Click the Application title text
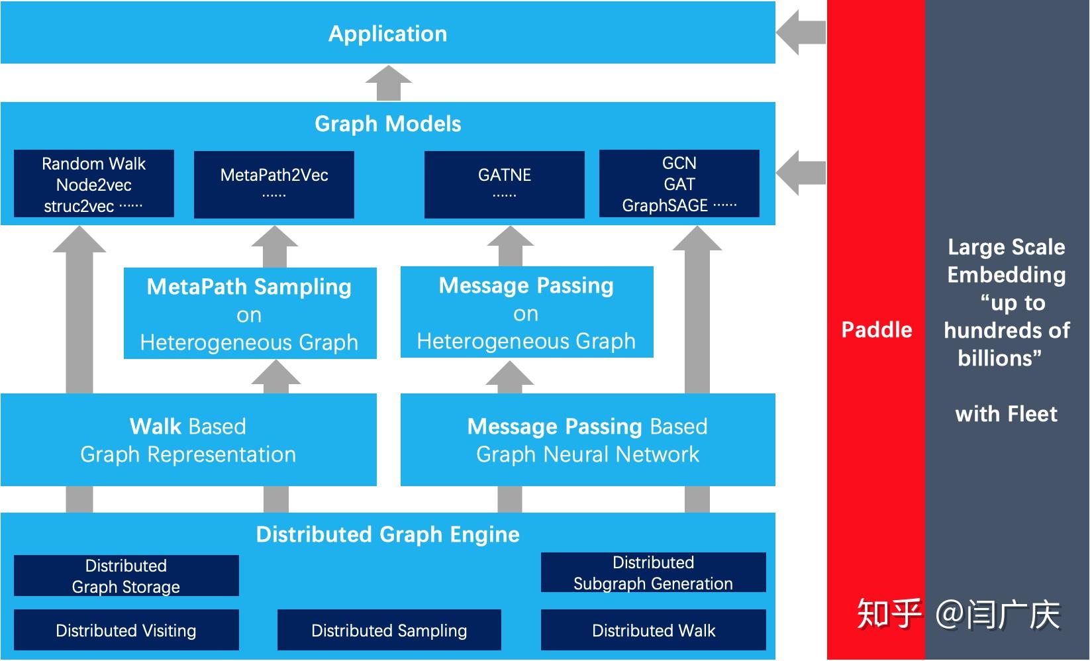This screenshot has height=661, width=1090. point(387,34)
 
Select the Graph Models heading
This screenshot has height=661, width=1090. point(387,124)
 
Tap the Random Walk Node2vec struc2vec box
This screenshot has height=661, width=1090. point(94,184)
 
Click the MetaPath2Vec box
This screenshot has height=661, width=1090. point(274,184)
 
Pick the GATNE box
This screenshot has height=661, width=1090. point(505,184)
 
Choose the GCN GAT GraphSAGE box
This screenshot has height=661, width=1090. point(679,184)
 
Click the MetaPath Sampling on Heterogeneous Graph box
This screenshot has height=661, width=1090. point(250,314)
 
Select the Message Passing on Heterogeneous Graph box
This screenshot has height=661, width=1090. point(526,313)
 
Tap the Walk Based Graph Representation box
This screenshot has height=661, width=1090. point(188,440)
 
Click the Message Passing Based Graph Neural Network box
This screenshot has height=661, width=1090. point(587,440)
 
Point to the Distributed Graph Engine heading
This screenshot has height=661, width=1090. point(387,534)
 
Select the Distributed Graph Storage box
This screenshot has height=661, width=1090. point(126,576)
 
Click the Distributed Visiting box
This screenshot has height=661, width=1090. point(126,630)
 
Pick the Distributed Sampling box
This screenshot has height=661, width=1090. point(389,630)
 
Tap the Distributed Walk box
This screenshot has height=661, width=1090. point(654,630)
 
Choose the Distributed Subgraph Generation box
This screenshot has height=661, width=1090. point(654,573)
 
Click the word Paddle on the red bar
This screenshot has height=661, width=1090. point(876,330)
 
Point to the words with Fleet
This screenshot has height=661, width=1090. point(1006,414)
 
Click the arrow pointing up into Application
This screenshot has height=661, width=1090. point(389,83)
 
